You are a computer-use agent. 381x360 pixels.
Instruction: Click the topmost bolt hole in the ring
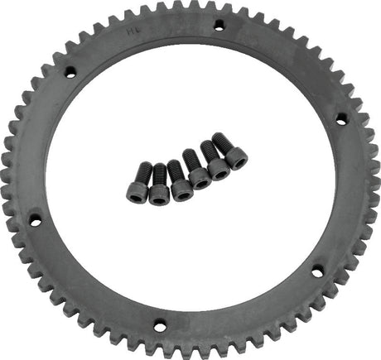pyautogui.click(x=219, y=26)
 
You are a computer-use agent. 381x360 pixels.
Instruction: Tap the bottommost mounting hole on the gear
pyautogui.click(x=160, y=325)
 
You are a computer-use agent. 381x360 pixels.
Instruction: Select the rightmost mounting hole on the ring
pyautogui.click(x=340, y=119)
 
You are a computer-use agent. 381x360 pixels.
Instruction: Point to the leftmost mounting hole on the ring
pyautogui.click(x=36, y=220)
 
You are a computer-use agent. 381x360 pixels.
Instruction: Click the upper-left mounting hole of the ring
pyautogui.click(x=70, y=72)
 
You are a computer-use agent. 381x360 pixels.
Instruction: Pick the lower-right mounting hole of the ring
pyautogui.click(x=317, y=270)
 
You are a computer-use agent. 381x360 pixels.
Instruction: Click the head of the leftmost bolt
pyautogui.click(x=137, y=192)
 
